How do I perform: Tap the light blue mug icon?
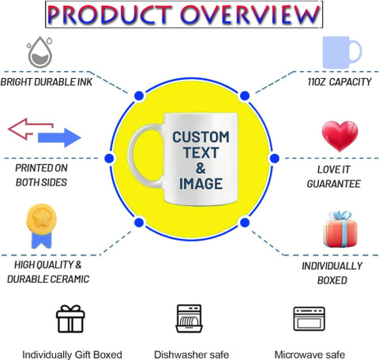pos(342,52)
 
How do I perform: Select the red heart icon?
pos(340,136)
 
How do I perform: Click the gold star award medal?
pos(41,226)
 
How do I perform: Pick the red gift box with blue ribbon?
pos(340,229)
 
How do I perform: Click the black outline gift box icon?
pos(70,319)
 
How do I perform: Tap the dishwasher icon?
pos(189,318)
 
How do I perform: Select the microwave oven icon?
pos(309,319)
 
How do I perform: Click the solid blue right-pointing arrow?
pos(59,137)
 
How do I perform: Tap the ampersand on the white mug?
pos(201,168)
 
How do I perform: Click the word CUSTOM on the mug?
pos(201,137)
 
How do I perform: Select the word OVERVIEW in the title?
pos(250,14)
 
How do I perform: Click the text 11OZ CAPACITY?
pos(340,82)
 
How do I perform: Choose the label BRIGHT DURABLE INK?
pos(47,82)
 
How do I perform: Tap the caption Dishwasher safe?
pos(191,354)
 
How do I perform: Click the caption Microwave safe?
pos(310,354)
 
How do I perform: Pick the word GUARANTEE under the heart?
pos(334,184)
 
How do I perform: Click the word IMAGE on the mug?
pos(201,184)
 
